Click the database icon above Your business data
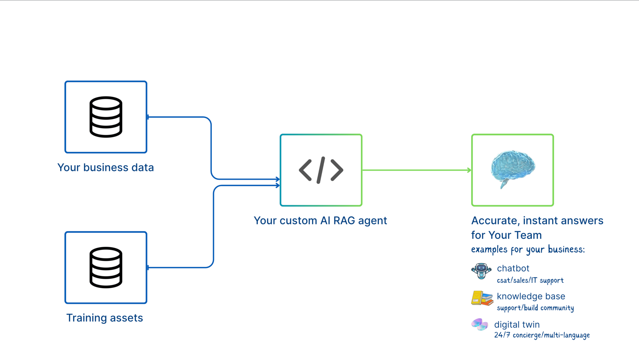[106, 117]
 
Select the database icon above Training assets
[106, 267]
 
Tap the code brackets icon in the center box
[321, 170]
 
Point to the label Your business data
[106, 167]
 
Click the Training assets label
[105, 318]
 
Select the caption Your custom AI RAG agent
[320, 220]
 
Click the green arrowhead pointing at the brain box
[469, 170]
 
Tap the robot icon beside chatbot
[481, 271]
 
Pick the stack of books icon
[482, 298]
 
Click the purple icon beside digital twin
[480, 324]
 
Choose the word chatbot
[513, 268]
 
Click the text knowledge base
[531, 296]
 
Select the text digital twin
[517, 325]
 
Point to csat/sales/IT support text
[530, 280]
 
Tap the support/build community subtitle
[535, 308]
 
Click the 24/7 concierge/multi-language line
[542, 335]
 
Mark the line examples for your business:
[528, 249]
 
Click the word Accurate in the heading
[496, 221]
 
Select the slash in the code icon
[321, 170]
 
